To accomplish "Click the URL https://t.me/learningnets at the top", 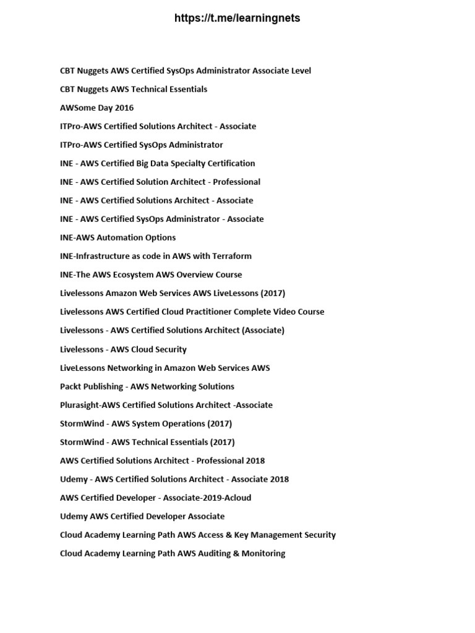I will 237,19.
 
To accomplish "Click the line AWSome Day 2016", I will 96,108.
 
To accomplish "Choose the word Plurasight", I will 80,405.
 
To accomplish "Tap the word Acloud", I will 236,498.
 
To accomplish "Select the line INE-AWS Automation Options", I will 118,237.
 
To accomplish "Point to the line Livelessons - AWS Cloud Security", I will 123,349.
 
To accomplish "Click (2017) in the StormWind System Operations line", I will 220,423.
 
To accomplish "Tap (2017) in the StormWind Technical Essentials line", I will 223,442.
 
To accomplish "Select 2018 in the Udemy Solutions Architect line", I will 278,479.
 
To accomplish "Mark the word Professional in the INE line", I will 236,182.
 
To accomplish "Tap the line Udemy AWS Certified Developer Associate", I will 142,516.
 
